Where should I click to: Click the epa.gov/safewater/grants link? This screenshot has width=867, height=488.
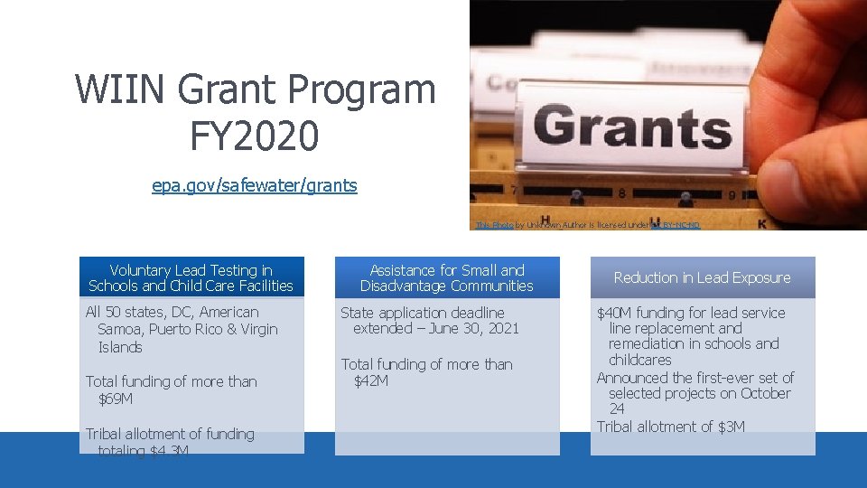(254, 185)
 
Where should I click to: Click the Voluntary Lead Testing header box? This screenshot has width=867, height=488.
(191, 277)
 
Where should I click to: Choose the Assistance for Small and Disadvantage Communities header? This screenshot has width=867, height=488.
(446, 277)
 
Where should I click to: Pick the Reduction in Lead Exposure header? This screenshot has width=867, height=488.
(702, 277)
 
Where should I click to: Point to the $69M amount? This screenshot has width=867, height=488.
(116, 399)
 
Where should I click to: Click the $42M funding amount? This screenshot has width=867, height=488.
(371, 380)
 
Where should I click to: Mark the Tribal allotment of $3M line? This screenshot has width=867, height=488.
(670, 426)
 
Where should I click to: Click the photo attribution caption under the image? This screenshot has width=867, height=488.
(587, 224)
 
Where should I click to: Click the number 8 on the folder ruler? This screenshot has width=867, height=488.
(622, 192)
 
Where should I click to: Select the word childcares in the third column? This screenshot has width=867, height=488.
(639, 360)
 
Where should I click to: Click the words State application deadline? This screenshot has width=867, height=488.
(422, 313)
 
